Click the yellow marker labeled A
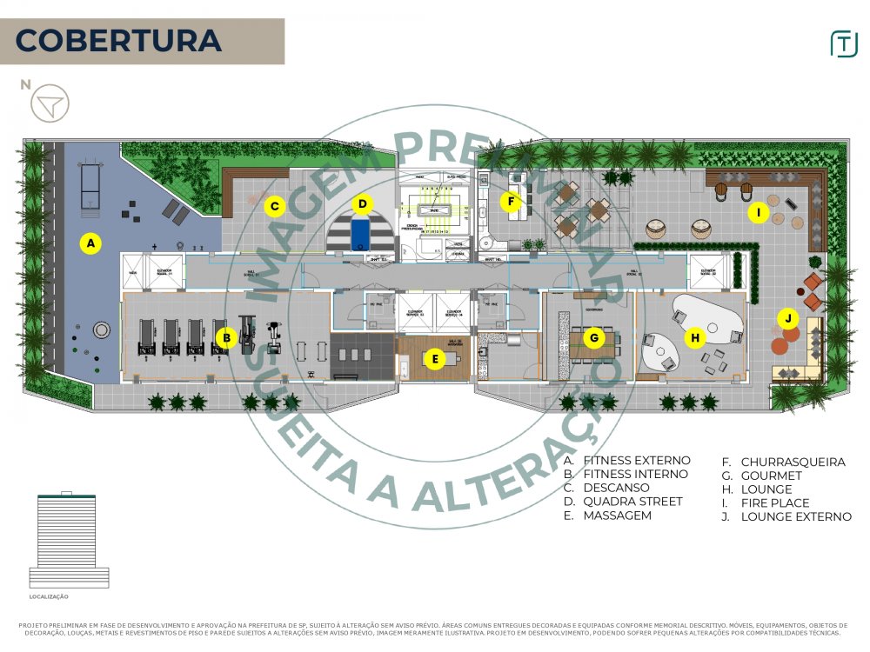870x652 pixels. click(90, 243)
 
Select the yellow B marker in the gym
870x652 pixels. click(226, 338)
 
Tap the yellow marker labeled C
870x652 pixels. click(274, 206)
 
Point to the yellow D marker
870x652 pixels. click(363, 204)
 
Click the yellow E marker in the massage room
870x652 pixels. click(434, 357)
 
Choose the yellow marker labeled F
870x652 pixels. click(511, 202)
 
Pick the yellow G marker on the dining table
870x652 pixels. click(594, 337)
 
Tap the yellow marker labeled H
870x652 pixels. click(694, 337)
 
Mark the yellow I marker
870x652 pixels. click(758, 211)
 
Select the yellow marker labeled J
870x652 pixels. click(787, 318)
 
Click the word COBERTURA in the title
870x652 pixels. click(118, 41)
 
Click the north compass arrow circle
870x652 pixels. click(50, 103)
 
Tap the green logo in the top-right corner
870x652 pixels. click(843, 43)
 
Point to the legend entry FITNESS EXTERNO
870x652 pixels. click(636, 461)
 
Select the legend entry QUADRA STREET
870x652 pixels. click(632, 502)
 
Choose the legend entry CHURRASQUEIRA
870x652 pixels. click(793, 462)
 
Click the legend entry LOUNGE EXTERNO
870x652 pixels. click(796, 517)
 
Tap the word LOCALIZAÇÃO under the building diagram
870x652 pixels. click(49, 597)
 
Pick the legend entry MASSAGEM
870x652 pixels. click(617, 516)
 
